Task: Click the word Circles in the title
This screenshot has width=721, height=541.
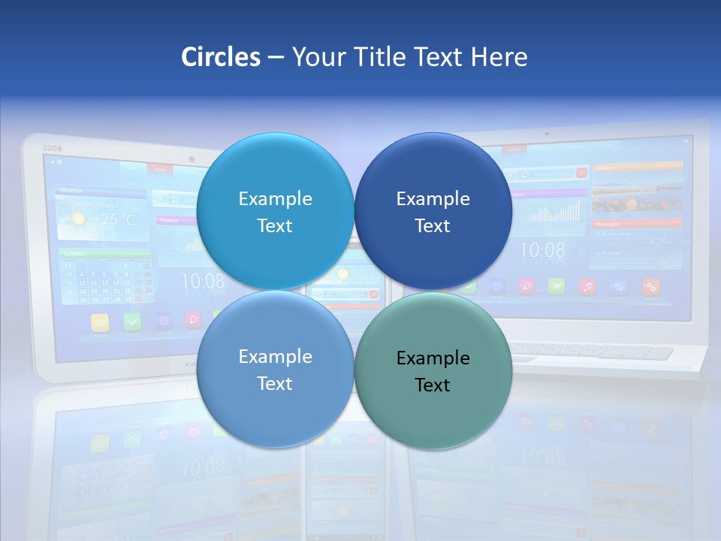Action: tap(220, 57)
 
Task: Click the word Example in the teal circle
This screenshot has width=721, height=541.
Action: tap(433, 358)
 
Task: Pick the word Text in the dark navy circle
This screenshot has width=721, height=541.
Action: tap(433, 226)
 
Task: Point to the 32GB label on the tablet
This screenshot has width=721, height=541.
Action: tap(52, 148)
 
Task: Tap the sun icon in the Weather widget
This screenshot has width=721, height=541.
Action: tap(77, 219)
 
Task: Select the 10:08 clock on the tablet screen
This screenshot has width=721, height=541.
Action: tap(202, 282)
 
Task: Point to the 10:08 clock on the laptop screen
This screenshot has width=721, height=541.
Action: tap(542, 250)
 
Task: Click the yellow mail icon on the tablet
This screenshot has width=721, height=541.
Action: tap(101, 322)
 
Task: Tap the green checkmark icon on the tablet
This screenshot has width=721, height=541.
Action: tap(132, 322)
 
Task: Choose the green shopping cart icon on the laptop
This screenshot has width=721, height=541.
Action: tap(557, 286)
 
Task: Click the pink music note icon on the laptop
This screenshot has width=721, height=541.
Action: tap(587, 286)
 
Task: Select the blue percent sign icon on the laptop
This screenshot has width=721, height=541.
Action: tap(619, 286)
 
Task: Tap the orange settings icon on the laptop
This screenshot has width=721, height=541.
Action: tap(650, 286)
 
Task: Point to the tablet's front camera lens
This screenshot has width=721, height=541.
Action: tap(192, 159)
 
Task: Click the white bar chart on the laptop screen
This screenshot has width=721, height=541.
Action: tap(555, 213)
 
